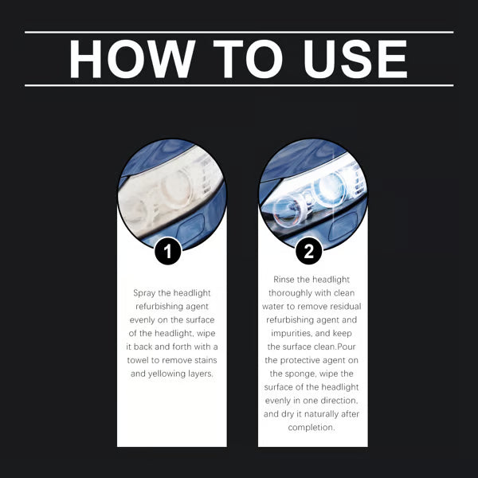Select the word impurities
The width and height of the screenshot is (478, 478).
[x=288, y=334]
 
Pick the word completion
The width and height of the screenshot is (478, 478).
[x=312, y=427]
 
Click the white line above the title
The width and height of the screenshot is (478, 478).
[x=239, y=33]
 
